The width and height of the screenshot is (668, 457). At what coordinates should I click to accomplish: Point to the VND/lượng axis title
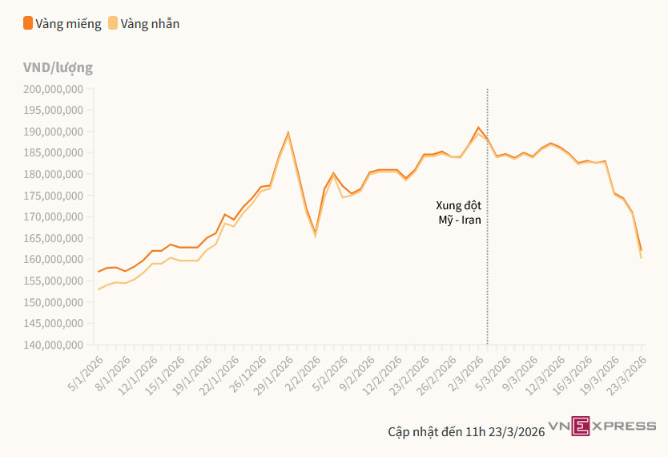click(x=58, y=67)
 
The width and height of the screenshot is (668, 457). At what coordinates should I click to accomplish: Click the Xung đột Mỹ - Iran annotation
click(x=459, y=212)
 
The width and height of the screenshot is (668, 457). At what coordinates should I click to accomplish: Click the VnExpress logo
click(x=602, y=426)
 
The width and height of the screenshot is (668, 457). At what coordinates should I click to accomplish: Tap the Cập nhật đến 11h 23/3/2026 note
click(x=466, y=432)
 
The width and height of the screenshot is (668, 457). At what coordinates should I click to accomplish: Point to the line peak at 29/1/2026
click(x=288, y=132)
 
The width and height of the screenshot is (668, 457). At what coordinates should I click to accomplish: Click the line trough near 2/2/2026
click(x=315, y=233)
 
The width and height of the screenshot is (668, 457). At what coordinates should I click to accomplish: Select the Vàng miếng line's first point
click(x=99, y=272)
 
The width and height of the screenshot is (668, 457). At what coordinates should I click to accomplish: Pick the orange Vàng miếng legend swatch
click(x=28, y=23)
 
